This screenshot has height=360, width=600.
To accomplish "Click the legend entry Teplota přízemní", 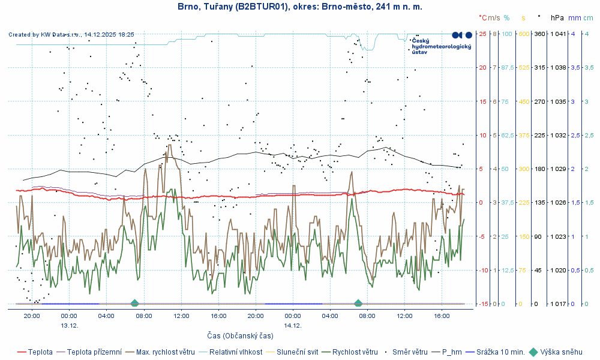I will click(x=94, y=352).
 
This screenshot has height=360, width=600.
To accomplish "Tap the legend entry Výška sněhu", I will click(x=561, y=352).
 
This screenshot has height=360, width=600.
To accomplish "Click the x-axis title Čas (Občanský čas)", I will click(x=240, y=336).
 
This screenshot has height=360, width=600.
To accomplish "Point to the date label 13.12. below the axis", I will click(x=69, y=325).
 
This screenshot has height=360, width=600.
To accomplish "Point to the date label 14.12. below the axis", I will click(x=292, y=325).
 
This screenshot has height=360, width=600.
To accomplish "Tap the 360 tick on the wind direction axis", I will click(x=539, y=34).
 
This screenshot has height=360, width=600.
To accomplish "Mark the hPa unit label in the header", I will click(x=557, y=18).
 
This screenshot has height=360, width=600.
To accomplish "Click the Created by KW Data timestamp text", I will click(x=71, y=35).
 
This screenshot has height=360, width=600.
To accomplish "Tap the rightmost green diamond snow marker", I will click(x=358, y=303).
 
